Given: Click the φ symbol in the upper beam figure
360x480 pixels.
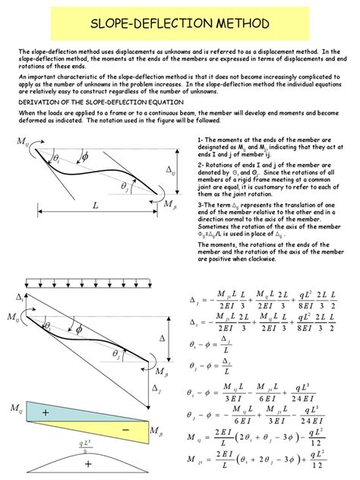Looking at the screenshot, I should [84, 156].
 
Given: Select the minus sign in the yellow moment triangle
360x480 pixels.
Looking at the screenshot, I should [125, 430].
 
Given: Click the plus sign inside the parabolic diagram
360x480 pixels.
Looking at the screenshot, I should [87, 463].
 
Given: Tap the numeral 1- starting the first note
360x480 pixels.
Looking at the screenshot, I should [200, 141].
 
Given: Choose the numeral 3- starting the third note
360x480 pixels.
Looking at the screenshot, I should [200, 205].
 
